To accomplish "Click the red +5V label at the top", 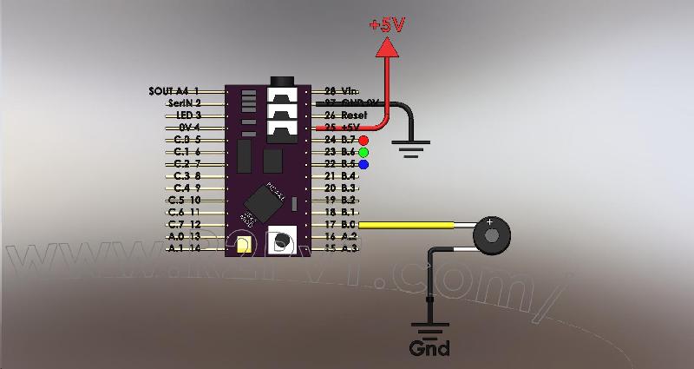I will tap(387, 25).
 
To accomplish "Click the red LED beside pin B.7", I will tap(363, 140).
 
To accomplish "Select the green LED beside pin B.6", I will tap(363, 152).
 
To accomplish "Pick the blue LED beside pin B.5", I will tap(363, 164).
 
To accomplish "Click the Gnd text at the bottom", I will tap(430, 349).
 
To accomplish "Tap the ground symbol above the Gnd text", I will tap(430, 330).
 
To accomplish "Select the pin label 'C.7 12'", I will tap(183, 224).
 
